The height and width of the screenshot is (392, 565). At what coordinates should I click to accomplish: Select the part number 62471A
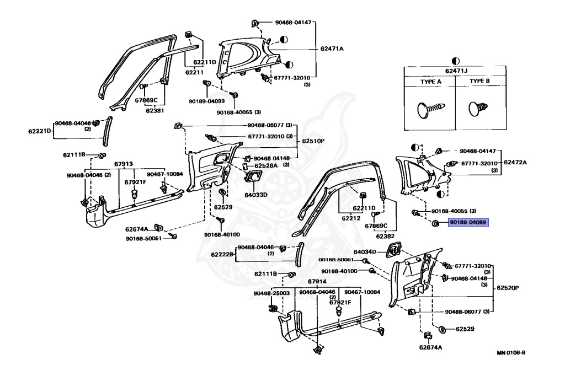pos(332,49)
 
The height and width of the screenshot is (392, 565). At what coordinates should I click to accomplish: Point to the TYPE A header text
pos(431,81)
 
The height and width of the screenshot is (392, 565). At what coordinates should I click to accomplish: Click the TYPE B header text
pos(479,81)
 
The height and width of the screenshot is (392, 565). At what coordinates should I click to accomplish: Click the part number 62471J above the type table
pos(455,70)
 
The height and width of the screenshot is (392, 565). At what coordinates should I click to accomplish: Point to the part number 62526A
pos(266,165)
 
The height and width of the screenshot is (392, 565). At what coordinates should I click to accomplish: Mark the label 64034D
pos(365,251)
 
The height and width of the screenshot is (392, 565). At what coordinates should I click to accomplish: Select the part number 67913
pos(124,164)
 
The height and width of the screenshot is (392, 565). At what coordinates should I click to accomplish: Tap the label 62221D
pos(40,131)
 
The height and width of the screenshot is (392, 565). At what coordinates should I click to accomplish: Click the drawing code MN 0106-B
pos(510,353)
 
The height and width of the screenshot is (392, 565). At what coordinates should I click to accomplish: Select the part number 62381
pos(156,110)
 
